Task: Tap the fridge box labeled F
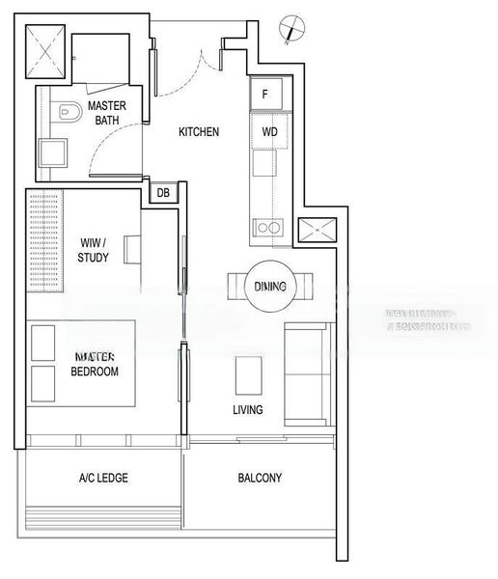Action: [x=266, y=96]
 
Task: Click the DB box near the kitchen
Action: [x=163, y=193]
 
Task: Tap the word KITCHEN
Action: [x=199, y=131]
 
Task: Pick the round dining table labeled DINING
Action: [x=271, y=287]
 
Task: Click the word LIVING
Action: [x=248, y=409]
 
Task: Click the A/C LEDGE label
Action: [x=103, y=478]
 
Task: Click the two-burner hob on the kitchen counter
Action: [x=267, y=228]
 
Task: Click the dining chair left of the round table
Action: [x=237, y=287]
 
